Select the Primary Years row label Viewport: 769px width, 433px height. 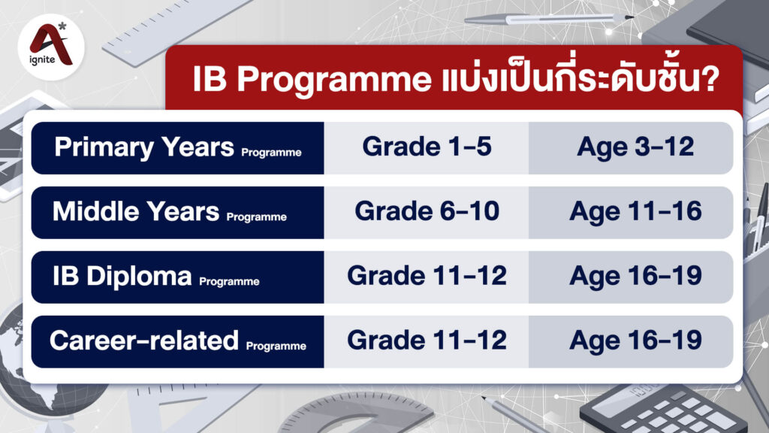click(144, 147)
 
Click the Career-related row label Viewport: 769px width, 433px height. click(143, 341)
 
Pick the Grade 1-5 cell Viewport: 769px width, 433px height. click(427, 147)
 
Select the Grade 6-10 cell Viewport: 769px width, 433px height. click(427, 212)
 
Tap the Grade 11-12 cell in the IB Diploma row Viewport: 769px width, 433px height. click(427, 277)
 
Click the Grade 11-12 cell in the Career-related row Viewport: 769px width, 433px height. click(427, 341)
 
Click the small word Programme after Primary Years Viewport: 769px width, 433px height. click(271, 153)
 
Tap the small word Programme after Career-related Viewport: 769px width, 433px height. click(276, 347)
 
